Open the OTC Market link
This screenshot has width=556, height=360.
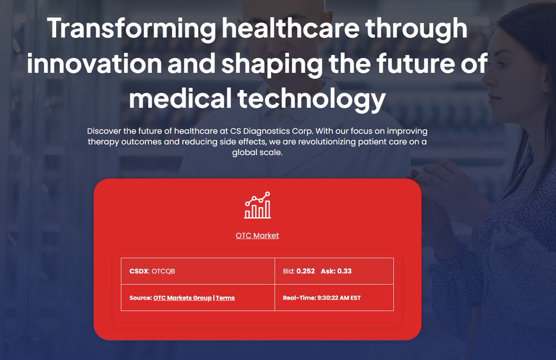coord(257,236)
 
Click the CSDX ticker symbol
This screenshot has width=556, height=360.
coord(139,271)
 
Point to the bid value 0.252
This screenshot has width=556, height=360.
coord(306,271)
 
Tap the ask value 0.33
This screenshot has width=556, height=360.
coord(345,271)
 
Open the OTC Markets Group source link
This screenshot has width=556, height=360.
coord(182,298)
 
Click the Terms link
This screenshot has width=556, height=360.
coord(225,298)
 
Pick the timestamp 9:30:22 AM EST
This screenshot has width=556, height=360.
coord(339,298)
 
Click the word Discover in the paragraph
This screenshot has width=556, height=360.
coord(104,131)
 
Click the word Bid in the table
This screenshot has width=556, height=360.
coord(288,271)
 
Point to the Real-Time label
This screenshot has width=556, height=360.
coord(299,298)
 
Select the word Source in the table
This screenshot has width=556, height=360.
coord(140,298)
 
